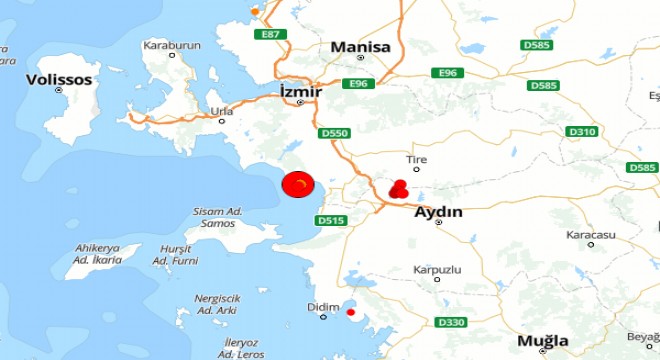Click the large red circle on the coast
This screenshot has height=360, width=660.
coord(298,185)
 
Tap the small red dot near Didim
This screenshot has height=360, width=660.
coord(350,313)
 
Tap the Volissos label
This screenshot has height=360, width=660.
coord(59,79)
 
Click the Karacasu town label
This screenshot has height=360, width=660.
coord(589,234)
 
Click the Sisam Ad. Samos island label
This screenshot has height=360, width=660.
coord(218,217)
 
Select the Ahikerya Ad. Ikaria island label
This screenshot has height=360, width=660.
coord(98,254)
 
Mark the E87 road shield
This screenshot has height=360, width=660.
coord(268,34)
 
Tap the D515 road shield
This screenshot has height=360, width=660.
coord(329,220)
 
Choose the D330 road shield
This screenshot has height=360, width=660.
coord(452,321)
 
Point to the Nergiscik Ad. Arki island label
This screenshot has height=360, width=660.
coord(218,304)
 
